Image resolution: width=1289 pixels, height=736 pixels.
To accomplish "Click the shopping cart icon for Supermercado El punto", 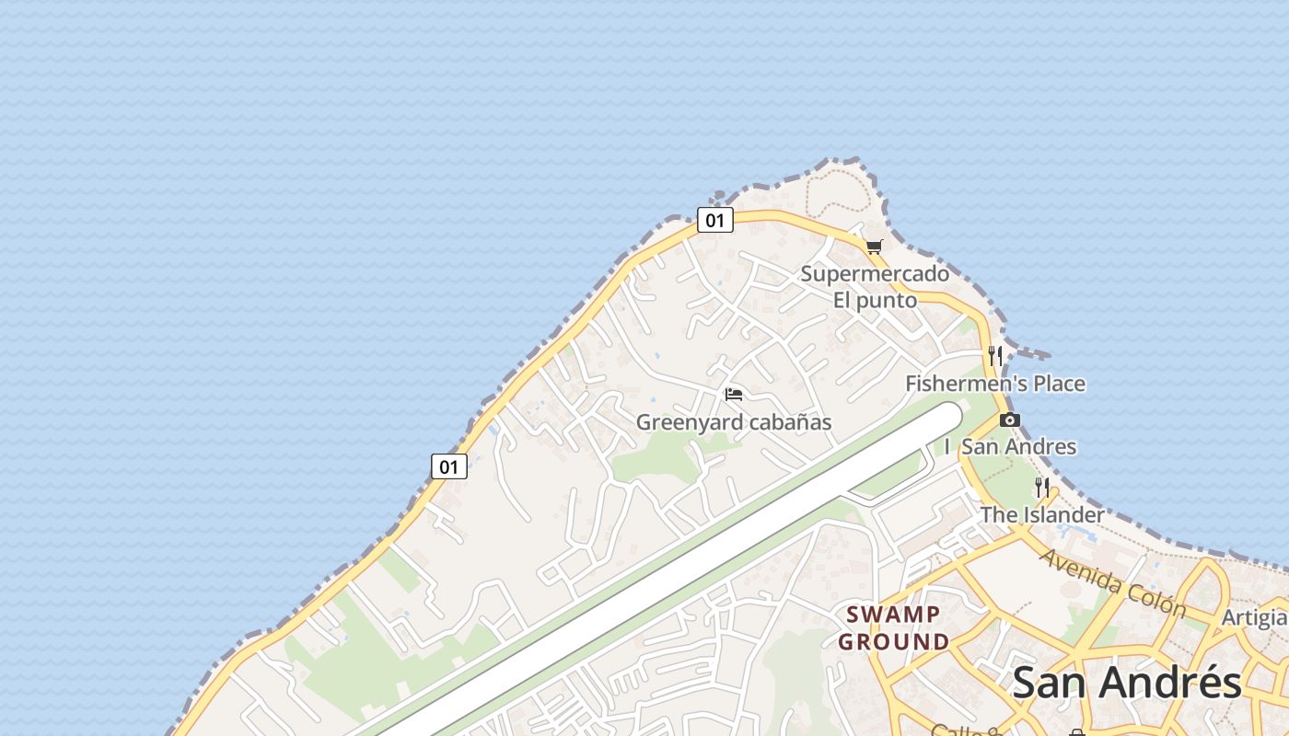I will (x=874, y=247).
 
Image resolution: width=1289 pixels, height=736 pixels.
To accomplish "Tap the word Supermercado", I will (x=874, y=273).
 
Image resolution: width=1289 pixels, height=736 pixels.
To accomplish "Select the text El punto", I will (x=875, y=300).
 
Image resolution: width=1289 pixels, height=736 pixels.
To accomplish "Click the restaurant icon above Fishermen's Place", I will (x=994, y=355).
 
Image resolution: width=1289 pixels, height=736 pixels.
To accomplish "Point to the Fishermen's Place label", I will (x=995, y=383).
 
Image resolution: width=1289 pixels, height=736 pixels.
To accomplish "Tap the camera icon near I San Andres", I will (x=1010, y=420).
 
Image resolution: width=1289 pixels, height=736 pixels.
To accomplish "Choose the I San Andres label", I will (x=1010, y=446).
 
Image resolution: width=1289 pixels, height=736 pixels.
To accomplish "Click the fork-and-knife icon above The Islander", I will (x=1042, y=487).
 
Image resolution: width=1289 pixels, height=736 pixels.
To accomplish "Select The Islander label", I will (x=1041, y=514).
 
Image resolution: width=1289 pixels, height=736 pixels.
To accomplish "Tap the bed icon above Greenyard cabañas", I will (x=734, y=395).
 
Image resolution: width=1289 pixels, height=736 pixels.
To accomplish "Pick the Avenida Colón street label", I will (x=1112, y=583).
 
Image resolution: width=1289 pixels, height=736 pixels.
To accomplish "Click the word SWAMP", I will (x=893, y=614).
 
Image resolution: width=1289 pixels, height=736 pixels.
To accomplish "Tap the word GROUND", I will (x=893, y=641).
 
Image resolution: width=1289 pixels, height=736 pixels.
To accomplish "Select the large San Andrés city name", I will (x=1127, y=683).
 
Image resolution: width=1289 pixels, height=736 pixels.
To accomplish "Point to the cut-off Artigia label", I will (x=1254, y=617).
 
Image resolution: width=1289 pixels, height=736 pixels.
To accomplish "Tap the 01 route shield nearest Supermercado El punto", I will (x=714, y=220).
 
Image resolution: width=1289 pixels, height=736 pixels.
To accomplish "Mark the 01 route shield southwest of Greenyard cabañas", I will (x=448, y=466).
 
